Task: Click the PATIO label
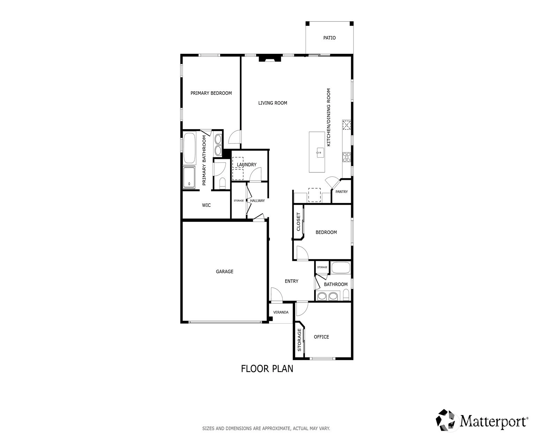pos(329,38)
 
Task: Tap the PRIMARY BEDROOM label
pos(211,93)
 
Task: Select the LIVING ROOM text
pos(273,103)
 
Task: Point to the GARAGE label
pos(224,271)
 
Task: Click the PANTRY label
pos(341,191)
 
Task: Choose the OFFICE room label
pos(321,337)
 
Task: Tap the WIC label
pos(206,205)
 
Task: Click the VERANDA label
pos(281,312)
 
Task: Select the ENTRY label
pos(291,281)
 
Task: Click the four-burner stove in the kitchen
pos(346,157)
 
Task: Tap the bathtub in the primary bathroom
pos(190,148)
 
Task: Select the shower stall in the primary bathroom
pos(189,177)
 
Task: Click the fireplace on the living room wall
pos(270,59)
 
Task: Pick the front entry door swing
pos(276,294)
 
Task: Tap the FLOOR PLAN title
pos(267,369)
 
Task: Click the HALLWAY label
pos(257,201)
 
